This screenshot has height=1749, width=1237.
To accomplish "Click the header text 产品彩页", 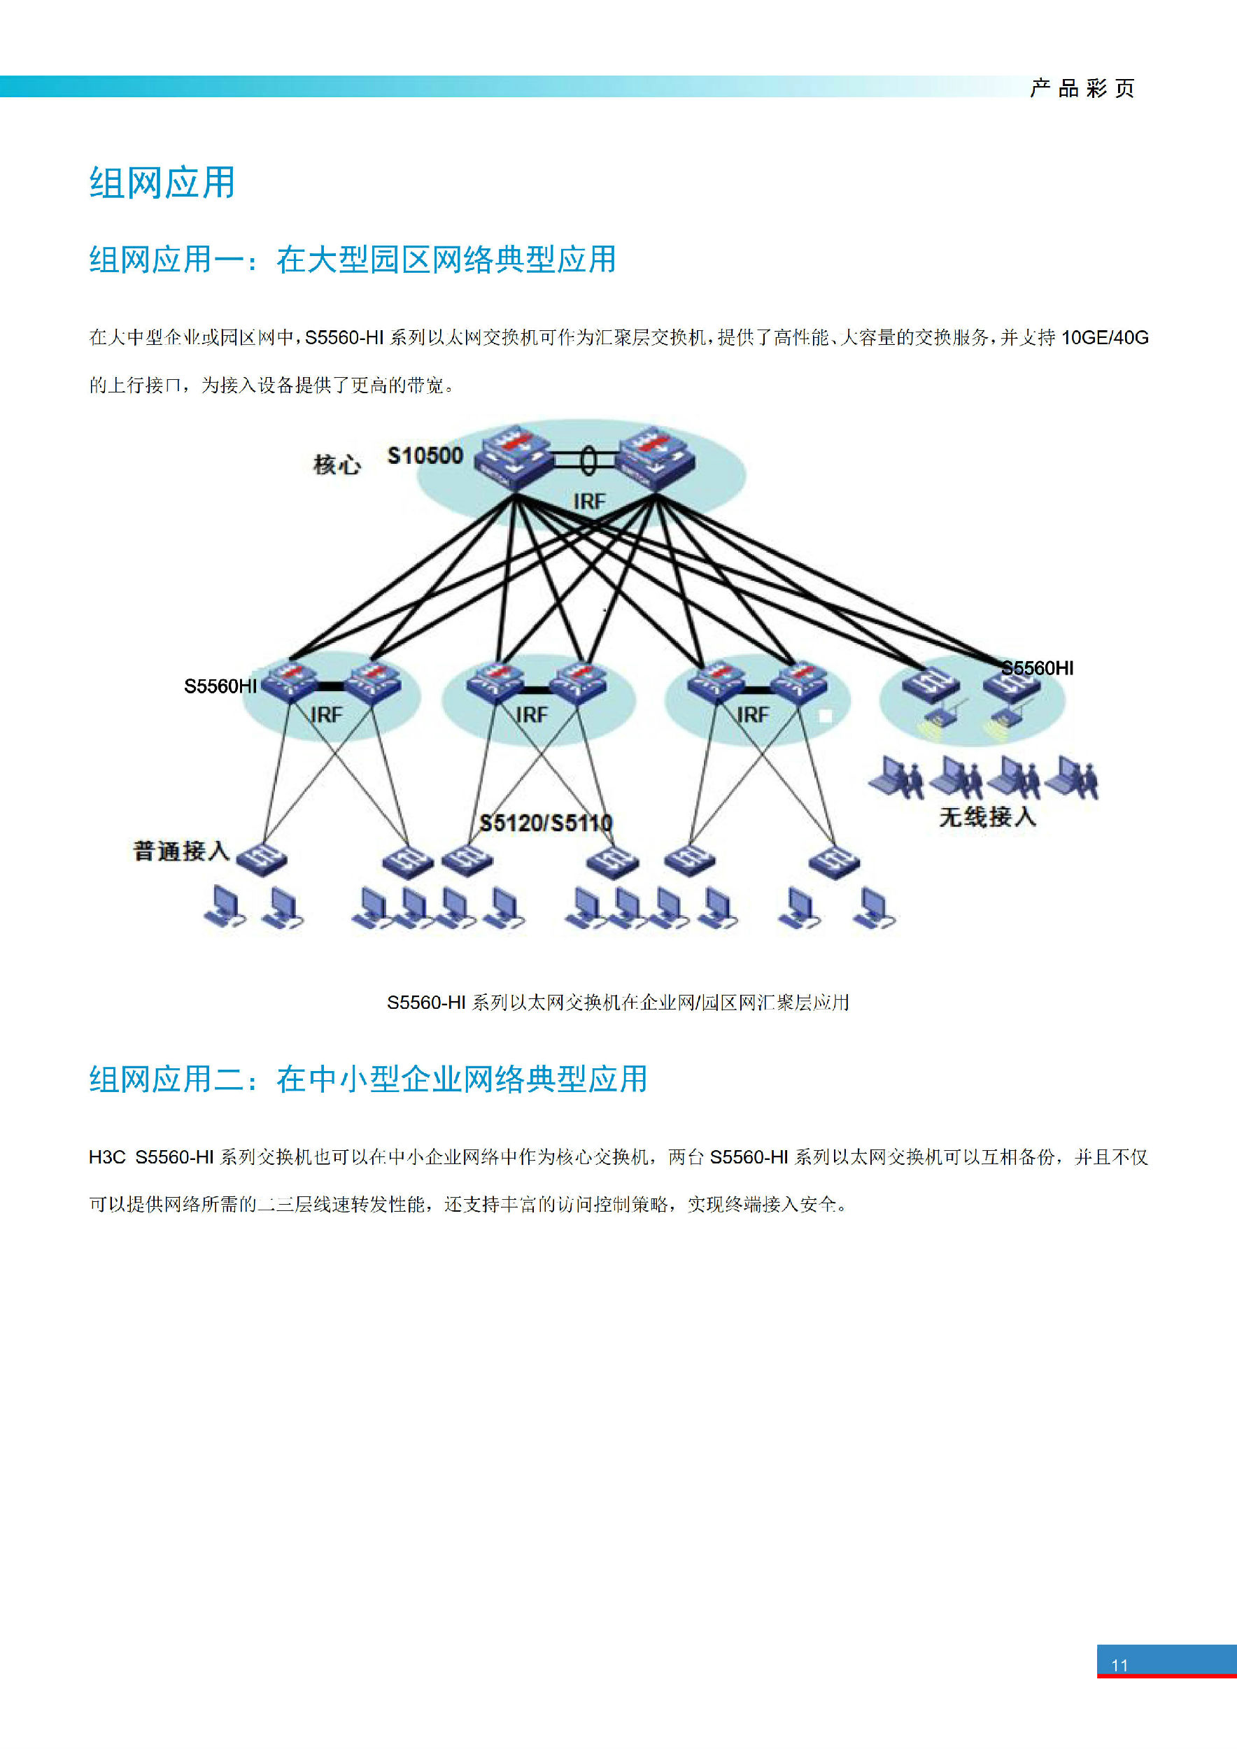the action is tap(1082, 88).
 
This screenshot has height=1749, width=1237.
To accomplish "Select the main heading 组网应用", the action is tap(162, 183).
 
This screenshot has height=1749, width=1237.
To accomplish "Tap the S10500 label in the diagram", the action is tap(425, 455).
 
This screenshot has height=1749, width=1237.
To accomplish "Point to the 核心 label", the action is tap(337, 464).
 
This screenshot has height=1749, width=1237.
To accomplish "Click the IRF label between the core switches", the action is tap(589, 501).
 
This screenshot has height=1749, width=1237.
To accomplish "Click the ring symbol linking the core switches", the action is tap(588, 460).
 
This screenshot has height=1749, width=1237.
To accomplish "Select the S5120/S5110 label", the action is tap(545, 823).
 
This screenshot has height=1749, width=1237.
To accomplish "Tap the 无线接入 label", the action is tap(987, 816).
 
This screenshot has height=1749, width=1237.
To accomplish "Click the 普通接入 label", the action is tap(181, 850).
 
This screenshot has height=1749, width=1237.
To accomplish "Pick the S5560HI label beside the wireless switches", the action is tap(1038, 668).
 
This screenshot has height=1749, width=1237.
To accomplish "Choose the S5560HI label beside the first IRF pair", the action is tap(220, 686).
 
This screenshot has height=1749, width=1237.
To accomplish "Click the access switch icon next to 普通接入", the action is tap(261, 859).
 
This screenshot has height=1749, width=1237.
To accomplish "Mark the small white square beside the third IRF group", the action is tap(825, 715).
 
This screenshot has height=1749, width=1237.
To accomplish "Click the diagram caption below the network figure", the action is tap(618, 1003).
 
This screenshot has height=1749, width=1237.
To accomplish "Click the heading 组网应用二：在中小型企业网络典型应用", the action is tap(368, 1079).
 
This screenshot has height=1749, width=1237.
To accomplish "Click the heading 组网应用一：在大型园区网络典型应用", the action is tap(353, 259).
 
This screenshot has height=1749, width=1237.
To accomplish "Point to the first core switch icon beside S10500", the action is tap(513, 457).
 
